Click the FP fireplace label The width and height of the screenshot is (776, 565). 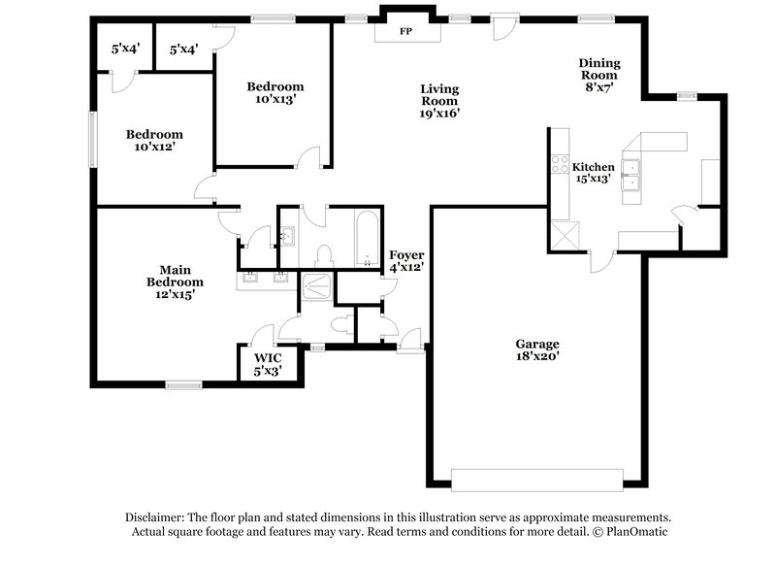click(x=405, y=31)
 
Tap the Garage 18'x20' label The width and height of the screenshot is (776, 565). click(x=536, y=349)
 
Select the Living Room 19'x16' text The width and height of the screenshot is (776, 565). click(x=438, y=100)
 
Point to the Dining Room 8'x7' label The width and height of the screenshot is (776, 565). click(x=599, y=76)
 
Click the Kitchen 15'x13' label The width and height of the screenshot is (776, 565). click(x=593, y=173)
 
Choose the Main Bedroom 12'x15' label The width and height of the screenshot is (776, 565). click(x=175, y=281)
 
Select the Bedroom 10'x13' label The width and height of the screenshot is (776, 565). click(x=275, y=91)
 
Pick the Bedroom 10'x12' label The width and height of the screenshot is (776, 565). click(x=154, y=140)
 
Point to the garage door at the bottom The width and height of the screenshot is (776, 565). click(x=536, y=480)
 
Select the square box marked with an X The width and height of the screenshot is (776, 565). click(x=563, y=235)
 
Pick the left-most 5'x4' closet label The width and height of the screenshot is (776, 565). click(x=126, y=49)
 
